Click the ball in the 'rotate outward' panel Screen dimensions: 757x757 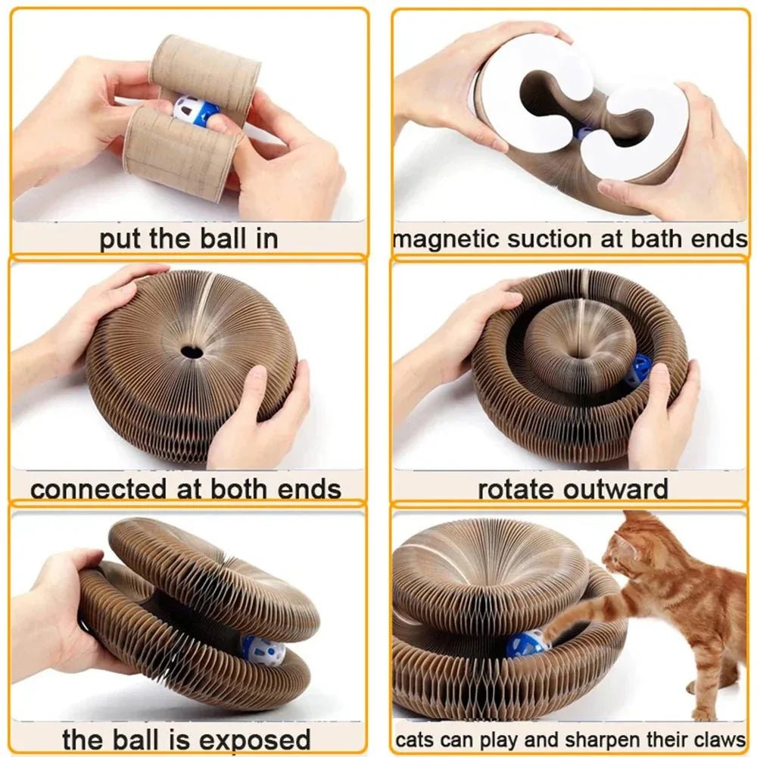[x=637, y=371]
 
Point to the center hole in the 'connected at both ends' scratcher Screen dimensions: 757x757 [x=192, y=351]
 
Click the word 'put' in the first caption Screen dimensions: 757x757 [x=122, y=239]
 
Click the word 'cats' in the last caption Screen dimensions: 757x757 [x=415, y=740]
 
